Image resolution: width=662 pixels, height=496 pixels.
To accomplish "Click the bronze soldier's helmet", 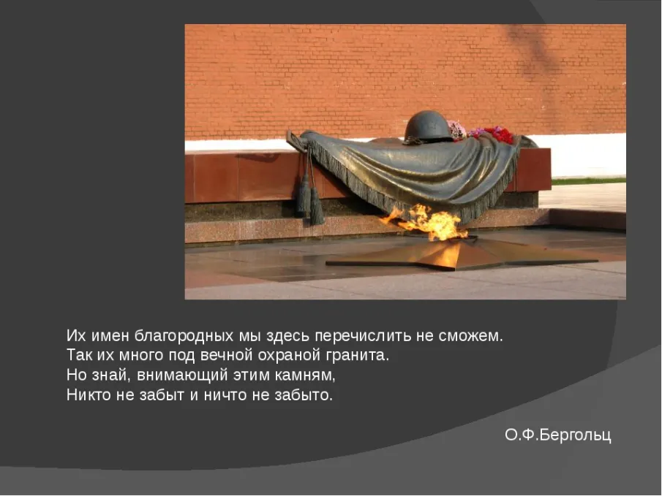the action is coord(428,126).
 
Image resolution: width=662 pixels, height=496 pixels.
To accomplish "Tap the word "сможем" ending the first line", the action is coord(469,336).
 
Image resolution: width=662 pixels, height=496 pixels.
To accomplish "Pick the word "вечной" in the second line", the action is coord(226,356).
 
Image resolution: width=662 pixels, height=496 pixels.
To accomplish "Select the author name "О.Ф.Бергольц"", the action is coord(557,435).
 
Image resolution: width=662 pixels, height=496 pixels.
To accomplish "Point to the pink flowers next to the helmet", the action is coord(456,129).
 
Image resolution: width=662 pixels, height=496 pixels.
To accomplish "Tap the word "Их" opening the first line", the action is coord(76,336).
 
